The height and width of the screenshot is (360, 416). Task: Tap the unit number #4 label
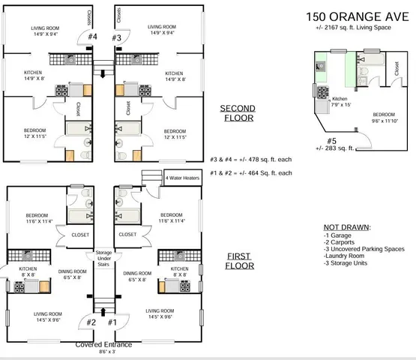93,37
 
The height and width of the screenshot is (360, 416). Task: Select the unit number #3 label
116,37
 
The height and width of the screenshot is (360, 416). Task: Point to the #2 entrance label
91,322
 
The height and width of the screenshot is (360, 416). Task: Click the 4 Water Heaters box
182,177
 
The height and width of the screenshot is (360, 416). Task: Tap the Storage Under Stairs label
103,259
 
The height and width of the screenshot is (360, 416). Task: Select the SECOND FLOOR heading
237,112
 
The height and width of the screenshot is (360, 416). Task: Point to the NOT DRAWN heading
347,227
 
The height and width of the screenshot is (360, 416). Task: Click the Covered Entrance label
103,344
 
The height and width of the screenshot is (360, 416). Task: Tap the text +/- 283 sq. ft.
336,148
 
